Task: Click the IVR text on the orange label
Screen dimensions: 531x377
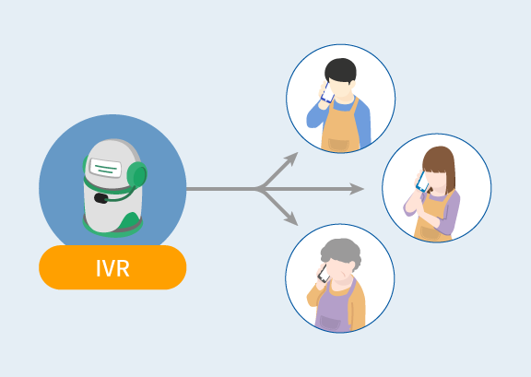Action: [112, 268]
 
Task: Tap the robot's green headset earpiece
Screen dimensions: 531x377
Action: [137, 174]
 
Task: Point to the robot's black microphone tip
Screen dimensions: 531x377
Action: [100, 198]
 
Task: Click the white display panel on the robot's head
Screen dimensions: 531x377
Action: [105, 168]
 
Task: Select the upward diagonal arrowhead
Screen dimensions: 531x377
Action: [291, 159]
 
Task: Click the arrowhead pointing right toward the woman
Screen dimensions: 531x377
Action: [357, 189]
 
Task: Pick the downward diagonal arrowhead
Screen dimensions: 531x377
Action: [291, 218]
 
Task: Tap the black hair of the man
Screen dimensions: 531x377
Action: [340, 70]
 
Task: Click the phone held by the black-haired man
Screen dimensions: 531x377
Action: [327, 93]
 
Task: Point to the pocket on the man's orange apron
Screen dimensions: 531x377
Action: [338, 145]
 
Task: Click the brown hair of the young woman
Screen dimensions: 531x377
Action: [440, 166]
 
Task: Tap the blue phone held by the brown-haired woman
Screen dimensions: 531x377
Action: [422, 182]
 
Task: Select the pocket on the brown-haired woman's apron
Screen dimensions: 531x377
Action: [431, 233]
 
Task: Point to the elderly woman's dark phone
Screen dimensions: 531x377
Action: [323, 274]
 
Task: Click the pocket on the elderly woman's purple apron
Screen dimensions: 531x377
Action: [330, 323]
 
